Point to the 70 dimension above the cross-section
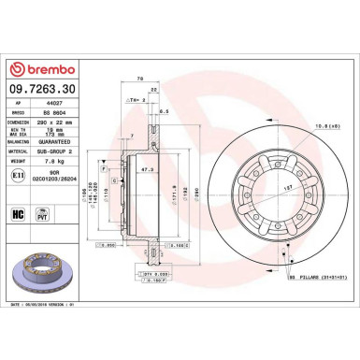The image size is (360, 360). click(139, 79)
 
